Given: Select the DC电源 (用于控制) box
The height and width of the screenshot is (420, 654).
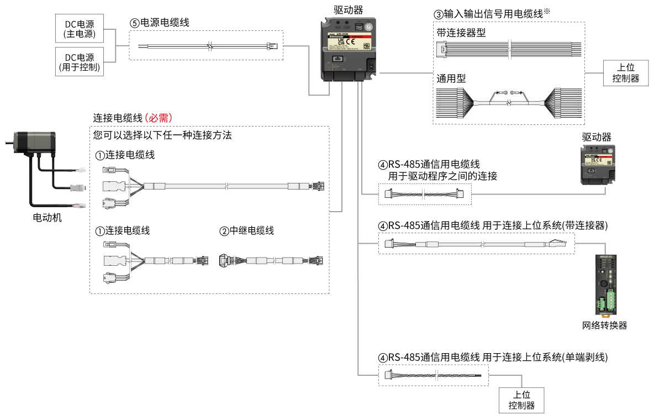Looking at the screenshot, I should click(80, 62).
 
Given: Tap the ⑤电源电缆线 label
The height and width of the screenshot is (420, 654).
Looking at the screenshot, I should click(160, 23).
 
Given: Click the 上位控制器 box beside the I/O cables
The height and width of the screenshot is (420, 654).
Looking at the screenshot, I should click(625, 73).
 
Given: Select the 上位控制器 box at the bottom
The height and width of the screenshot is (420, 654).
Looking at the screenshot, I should click(521, 400).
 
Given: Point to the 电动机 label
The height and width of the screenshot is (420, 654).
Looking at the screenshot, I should click(48, 217).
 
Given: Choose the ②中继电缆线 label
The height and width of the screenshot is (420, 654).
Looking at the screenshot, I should click(246, 230).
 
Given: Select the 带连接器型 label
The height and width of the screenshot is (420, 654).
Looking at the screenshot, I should click(461, 33).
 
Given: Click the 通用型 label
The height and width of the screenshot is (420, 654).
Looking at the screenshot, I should click(451, 78).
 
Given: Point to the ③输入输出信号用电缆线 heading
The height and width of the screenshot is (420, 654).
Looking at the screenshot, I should click(494, 14).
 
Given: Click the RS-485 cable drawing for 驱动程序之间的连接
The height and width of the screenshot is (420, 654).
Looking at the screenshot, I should click(424, 194).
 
